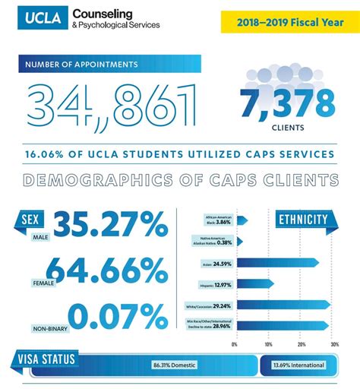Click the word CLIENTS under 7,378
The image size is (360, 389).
click(x=287, y=128)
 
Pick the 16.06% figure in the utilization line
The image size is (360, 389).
click(x=50, y=153)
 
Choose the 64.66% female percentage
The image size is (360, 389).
click(x=106, y=271)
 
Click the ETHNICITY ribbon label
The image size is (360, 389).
click(x=302, y=220)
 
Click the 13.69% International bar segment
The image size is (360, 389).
click(x=297, y=365)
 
